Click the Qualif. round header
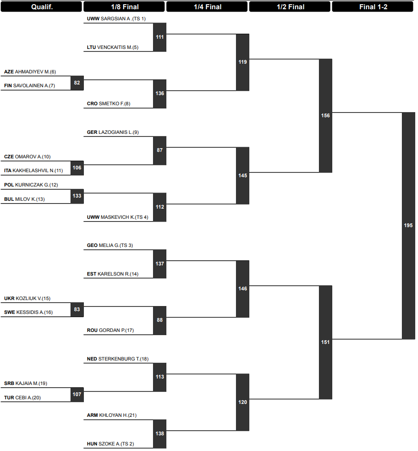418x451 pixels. coord(41,7)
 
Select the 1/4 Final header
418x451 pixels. coord(207,7)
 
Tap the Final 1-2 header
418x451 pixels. coord(373,7)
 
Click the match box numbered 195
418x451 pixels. coord(408,225)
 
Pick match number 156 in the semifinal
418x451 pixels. coord(325,115)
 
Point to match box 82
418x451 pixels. coord(77,83)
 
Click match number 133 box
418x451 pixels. coord(77,196)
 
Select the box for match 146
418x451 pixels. coord(242,289)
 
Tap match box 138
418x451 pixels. coord(159,434)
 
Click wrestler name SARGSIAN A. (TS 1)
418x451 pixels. coord(123,19)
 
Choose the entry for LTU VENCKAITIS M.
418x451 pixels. coord(112,48)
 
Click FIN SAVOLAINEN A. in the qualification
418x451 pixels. coord(29,86)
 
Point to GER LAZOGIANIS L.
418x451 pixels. coord(113,132)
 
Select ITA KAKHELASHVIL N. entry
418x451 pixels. coord(33,170)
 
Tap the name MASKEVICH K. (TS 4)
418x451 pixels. coord(124,217)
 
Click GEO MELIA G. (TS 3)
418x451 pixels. coord(110,245)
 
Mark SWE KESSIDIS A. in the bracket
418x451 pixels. coord(28,313)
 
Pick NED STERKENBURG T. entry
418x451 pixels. coord(118,359)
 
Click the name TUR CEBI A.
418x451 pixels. coord(23,398)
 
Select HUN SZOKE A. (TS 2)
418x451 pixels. coord(111,444)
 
